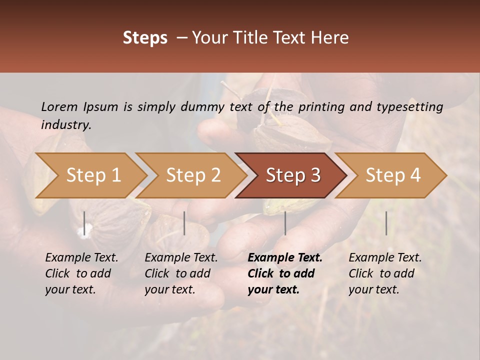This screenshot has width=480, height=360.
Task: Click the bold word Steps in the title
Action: (145, 38)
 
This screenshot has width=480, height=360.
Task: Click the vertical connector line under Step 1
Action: (84, 223)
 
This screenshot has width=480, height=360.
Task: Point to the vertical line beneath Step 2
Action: (184, 223)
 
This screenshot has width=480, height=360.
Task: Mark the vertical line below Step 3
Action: (285, 223)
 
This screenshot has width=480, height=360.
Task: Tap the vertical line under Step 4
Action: (386, 223)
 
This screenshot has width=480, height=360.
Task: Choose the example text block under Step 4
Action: (385, 273)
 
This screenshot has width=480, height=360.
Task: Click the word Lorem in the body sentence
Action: (59, 106)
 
